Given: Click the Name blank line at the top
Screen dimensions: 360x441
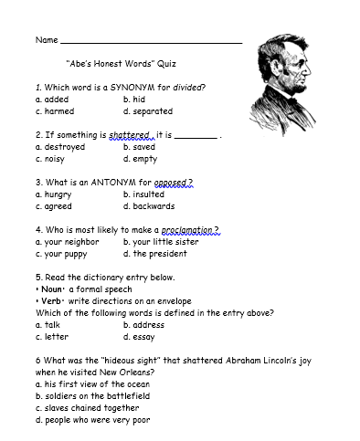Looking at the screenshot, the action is point(151,42).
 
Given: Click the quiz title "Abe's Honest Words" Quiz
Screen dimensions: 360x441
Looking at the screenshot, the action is point(122,65).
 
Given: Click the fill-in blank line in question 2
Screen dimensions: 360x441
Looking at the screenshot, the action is point(196,136).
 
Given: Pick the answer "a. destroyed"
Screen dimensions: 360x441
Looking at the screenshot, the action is point(59,147).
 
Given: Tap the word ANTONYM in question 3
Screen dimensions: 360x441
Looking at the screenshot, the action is point(110,183).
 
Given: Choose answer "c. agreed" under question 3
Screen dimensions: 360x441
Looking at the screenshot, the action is point(53,206).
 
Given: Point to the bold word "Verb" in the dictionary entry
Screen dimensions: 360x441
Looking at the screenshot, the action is point(50,301).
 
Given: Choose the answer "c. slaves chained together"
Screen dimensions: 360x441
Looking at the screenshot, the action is point(87,408).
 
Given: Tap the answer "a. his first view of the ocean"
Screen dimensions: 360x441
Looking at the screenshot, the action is point(94,384).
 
